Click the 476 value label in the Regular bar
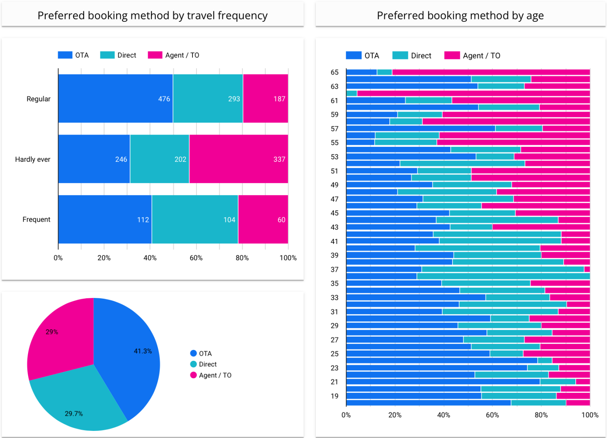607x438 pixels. click(164, 99)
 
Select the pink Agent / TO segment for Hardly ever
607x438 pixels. click(238, 159)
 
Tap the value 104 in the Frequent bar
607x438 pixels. click(229, 220)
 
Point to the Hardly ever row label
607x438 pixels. click(33, 159)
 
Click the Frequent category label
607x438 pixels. click(36, 220)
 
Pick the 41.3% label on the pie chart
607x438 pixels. click(143, 351)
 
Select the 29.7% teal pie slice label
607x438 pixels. click(74, 414)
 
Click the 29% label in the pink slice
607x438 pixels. click(52, 332)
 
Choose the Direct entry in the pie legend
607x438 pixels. click(207, 364)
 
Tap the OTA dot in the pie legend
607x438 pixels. click(193, 353)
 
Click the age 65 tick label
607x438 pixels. click(335, 72)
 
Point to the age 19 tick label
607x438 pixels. click(335, 396)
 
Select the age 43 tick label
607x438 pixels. click(335, 228)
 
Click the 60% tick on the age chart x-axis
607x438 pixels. click(492, 415)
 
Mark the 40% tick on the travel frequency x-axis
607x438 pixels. click(150, 258)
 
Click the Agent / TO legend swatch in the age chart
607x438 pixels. click(452, 55)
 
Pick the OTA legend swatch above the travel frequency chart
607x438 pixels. click(65, 55)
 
